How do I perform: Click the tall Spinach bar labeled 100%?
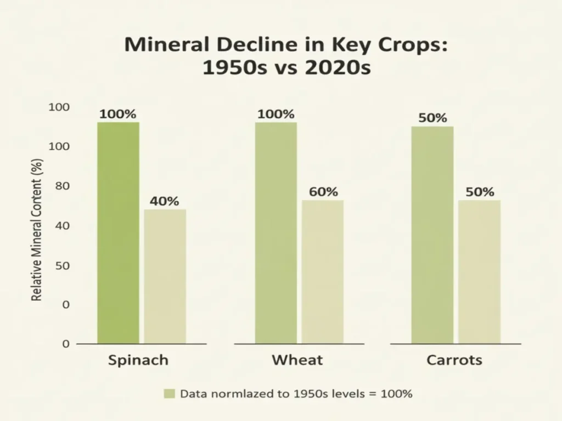[x=118, y=233]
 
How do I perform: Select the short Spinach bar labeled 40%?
[x=165, y=276]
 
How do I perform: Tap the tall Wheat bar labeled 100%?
[x=276, y=233]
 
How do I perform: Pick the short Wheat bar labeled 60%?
[x=323, y=272]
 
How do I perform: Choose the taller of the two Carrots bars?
[x=432, y=235]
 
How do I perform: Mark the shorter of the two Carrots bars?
[x=480, y=272]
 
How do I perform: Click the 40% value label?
[x=165, y=201]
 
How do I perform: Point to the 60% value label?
[x=323, y=192]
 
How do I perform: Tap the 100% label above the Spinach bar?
[x=117, y=115]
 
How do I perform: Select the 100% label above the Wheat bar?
[x=276, y=115]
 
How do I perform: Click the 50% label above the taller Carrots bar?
[x=432, y=118]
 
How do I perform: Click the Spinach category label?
[x=138, y=360]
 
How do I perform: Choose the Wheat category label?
[x=297, y=360]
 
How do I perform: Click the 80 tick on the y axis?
[x=61, y=186]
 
